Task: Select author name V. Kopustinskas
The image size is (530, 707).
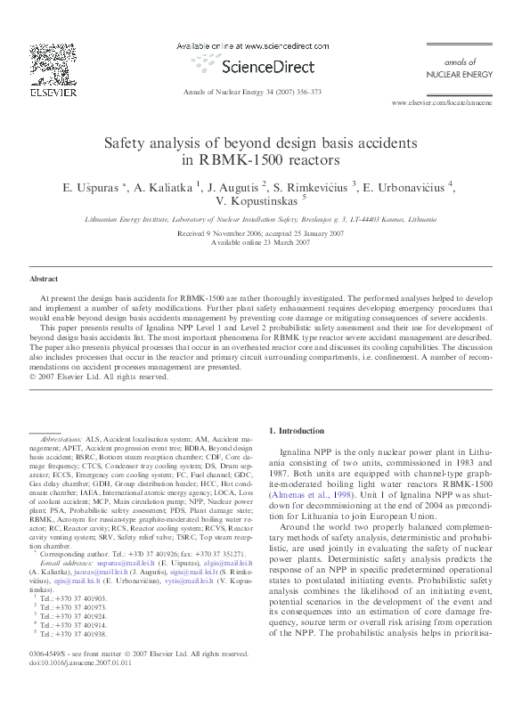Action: pos(258,201)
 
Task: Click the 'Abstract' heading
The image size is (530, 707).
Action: pos(44,279)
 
